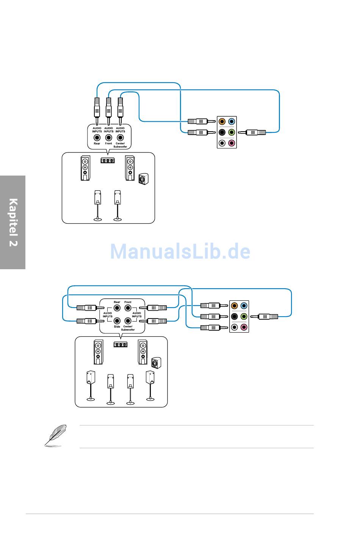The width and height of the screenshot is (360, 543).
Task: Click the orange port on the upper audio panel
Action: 222,121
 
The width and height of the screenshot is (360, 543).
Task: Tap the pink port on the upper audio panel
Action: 232,143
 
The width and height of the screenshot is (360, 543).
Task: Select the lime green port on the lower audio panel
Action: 244,316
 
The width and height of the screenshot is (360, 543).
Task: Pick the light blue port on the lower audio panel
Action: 244,306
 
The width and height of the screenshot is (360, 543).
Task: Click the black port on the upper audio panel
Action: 222,132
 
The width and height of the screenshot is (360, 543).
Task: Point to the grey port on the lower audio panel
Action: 234,327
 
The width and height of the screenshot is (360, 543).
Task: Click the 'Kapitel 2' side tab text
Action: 13,222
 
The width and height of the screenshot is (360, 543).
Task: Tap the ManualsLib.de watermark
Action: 180,251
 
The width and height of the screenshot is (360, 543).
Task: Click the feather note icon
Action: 56,436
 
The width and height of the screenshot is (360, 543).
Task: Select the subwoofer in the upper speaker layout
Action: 143,179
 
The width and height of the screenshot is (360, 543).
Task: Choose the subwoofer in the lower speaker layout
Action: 156,363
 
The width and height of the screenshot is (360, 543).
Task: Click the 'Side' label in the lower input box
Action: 117,326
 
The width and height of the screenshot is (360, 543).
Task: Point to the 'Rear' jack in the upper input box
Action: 97,138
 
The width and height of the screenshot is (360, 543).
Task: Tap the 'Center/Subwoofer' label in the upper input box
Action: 120,145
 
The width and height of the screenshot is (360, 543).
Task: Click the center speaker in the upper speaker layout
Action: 108,160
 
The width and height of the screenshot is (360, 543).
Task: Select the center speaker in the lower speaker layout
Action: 121,344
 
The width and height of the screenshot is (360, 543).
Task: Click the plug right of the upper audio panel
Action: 252,132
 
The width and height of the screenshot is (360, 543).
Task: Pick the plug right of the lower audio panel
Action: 264,317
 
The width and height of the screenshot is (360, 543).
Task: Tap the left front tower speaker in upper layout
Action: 85,168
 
